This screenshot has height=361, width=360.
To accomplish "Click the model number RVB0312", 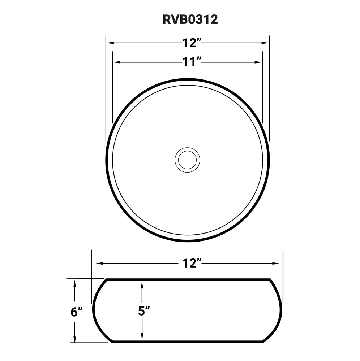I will tap(190, 19).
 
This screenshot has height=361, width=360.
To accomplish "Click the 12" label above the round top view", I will tap(191, 43).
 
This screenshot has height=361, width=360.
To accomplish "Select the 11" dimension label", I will tap(191, 62).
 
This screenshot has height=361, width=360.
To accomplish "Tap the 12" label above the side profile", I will tap(191, 263).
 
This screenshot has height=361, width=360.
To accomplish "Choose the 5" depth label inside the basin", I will tap(143, 311).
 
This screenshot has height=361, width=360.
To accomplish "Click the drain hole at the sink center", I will tap(187, 160).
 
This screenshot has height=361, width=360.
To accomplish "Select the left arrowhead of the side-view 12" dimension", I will tap(96, 263).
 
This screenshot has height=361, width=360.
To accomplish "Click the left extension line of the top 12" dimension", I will tap(106, 90).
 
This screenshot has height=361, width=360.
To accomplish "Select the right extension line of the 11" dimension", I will tap(262, 90).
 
